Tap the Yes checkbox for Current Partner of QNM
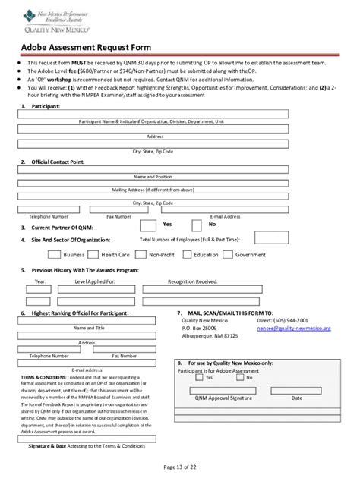coord(147,225)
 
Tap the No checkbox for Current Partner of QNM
coord(197,225)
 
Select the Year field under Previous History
coord(40,289)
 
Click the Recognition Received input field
coord(203,289)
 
